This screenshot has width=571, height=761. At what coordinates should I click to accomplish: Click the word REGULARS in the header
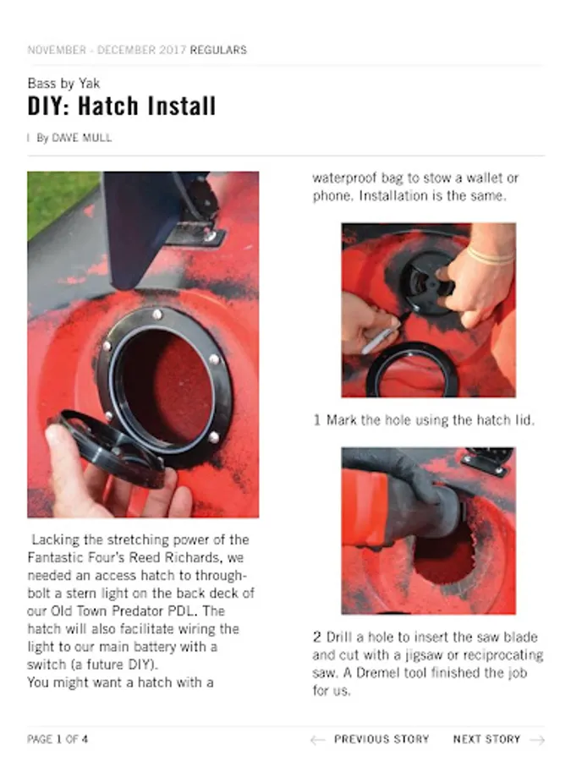pyautogui.click(x=218, y=50)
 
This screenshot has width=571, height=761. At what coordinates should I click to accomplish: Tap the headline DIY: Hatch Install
pyautogui.click(x=121, y=106)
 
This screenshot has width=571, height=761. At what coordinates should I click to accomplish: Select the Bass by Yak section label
pyautogui.click(x=63, y=84)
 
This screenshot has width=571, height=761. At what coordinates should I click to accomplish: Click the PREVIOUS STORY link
pyautogui.click(x=382, y=739)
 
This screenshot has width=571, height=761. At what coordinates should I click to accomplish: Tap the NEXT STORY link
pyautogui.click(x=486, y=739)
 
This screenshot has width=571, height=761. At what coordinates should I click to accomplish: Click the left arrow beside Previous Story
pyautogui.click(x=317, y=740)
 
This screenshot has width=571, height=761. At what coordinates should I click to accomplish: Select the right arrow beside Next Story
pyautogui.click(x=537, y=740)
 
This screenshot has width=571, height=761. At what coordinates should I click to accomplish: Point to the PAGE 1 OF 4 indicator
pyautogui.click(x=58, y=739)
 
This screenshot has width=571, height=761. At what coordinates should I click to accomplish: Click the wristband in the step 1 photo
pyautogui.click(x=491, y=255)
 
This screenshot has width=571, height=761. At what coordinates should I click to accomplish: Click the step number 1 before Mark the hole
pyautogui.click(x=317, y=419)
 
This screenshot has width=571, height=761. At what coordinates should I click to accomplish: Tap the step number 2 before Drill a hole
pyautogui.click(x=317, y=637)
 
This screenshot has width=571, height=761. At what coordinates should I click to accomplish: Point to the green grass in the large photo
pyautogui.click(x=61, y=199)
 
